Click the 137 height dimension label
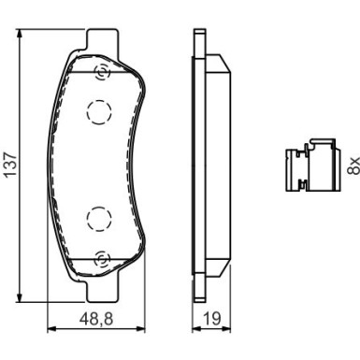click(11, 165)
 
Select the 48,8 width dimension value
click(96, 319)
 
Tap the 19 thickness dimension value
click(211, 319)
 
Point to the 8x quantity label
click(353, 166)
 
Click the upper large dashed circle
click(99, 112)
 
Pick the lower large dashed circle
click(99, 219)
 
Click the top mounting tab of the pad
click(103, 39)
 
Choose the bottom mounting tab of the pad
click(103, 292)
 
